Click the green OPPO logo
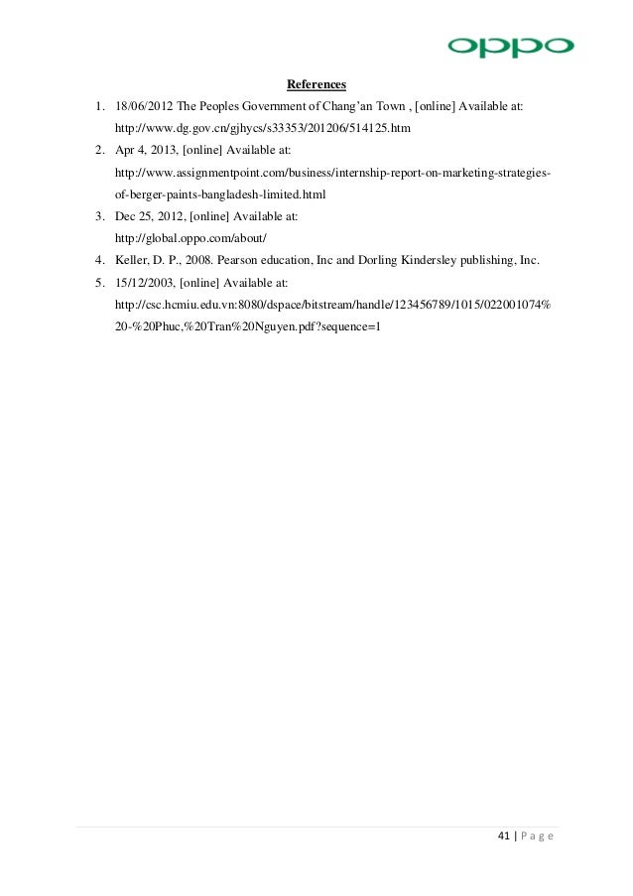(x=510, y=47)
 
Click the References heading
(x=316, y=83)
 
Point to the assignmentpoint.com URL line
(x=333, y=173)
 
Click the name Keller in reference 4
(x=135, y=261)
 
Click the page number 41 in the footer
(x=503, y=838)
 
